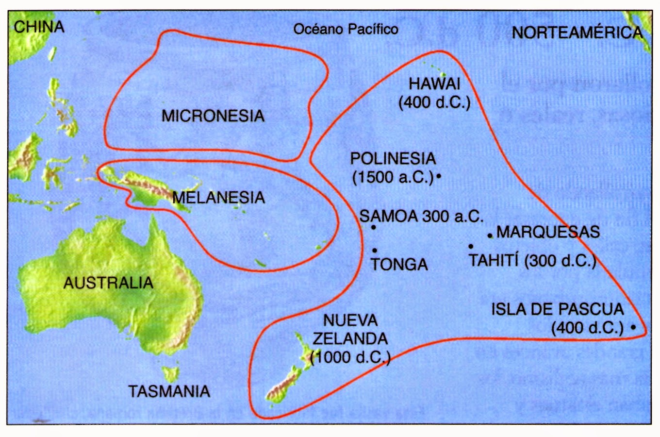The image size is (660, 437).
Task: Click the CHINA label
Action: (x=39, y=26)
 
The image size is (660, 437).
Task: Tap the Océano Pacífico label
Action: (x=346, y=29)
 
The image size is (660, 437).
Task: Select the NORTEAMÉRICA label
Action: (x=577, y=33)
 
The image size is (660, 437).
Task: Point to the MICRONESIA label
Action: (x=213, y=116)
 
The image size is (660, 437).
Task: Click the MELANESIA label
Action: (x=219, y=197)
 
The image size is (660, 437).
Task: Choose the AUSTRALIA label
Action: (x=108, y=283)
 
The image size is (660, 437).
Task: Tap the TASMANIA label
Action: (x=169, y=391)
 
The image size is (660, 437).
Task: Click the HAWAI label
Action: (x=434, y=84)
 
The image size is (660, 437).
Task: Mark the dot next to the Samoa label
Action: (x=374, y=227)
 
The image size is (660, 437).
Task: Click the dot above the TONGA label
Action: (x=375, y=251)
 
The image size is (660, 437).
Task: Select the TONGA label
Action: (x=399, y=264)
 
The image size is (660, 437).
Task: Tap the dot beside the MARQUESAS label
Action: (x=490, y=236)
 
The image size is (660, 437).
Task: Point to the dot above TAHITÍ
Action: (x=471, y=247)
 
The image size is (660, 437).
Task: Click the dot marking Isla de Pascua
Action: (x=633, y=327)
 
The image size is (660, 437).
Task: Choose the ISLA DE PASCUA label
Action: (x=557, y=309)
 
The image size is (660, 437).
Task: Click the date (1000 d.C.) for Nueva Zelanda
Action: (x=350, y=357)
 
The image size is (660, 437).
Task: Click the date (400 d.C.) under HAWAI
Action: (x=434, y=102)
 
